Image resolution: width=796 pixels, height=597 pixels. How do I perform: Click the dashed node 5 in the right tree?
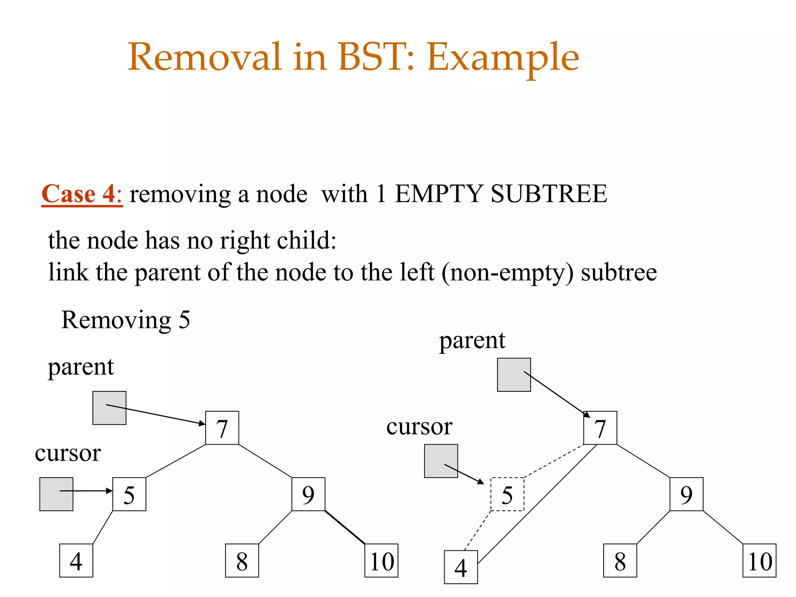click(x=507, y=494)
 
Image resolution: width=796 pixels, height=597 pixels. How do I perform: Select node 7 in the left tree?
click(x=222, y=428)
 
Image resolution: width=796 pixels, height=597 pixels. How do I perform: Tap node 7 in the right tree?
click(x=600, y=428)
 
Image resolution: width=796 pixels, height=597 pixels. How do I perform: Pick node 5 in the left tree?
click(x=129, y=494)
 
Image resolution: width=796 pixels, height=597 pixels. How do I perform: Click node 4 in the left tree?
click(x=76, y=560)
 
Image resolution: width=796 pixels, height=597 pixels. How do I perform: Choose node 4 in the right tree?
click(x=461, y=567)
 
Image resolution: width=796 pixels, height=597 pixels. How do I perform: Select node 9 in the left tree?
click(x=308, y=494)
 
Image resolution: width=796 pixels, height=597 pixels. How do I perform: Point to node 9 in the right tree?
click(x=686, y=494)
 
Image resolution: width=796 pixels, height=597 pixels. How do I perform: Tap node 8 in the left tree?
click(x=242, y=560)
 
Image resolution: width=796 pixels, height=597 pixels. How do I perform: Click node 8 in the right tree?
click(x=620, y=560)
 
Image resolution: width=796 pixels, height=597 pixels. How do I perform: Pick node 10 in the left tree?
click(x=381, y=560)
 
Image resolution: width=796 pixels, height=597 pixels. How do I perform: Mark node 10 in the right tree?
click(x=759, y=560)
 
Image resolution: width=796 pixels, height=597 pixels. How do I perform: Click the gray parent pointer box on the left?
click(x=109, y=408)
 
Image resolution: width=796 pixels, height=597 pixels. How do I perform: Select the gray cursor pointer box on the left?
click(x=56, y=494)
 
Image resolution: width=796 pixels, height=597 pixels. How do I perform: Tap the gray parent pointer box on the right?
click(x=514, y=375)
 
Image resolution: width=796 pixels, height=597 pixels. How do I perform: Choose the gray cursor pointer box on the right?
click(x=441, y=461)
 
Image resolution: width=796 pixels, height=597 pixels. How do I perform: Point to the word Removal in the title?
click(x=204, y=57)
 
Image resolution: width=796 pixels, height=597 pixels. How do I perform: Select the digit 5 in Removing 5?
click(x=184, y=320)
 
